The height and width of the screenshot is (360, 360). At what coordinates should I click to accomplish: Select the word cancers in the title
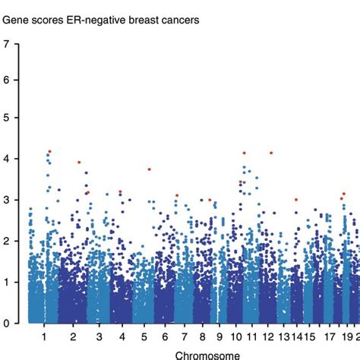click(x=179, y=21)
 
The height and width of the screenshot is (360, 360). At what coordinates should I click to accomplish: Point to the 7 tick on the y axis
click(x=7, y=43)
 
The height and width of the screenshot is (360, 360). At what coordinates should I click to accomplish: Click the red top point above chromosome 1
click(x=49, y=152)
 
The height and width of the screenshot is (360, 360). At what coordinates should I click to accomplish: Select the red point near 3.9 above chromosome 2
click(x=79, y=162)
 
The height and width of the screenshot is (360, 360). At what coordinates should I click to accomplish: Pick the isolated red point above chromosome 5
click(x=150, y=169)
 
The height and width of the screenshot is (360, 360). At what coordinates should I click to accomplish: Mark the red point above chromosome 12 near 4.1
click(x=271, y=153)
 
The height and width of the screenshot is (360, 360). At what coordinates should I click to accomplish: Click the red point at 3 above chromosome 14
click(x=296, y=200)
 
